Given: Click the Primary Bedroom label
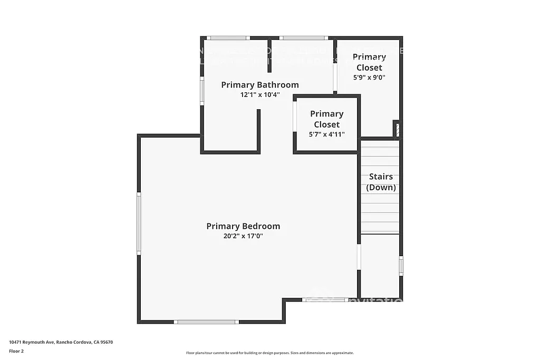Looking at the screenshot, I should point(243,226).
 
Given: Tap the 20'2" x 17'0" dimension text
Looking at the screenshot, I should point(243,236).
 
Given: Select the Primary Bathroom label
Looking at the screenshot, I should point(259,85).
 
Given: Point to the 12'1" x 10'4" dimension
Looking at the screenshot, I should point(259,95).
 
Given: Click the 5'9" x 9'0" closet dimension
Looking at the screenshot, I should point(369,77).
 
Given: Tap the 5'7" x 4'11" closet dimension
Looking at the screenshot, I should point(326,134).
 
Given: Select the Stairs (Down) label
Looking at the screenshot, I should point(381,182).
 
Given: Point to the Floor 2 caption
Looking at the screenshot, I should point(16,351).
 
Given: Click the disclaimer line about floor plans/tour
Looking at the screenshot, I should point(269,353).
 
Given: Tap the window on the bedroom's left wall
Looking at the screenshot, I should point(139,223).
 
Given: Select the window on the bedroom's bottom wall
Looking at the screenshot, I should point(206,322).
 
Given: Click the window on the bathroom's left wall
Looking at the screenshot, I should point(202,91).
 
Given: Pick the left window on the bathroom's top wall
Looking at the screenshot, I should point(227,38).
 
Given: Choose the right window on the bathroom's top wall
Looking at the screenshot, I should point(303,38).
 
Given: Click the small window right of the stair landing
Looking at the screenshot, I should point(401,265).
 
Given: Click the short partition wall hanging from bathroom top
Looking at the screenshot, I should point(269,55).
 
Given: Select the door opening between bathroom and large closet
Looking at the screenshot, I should point(335,77).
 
